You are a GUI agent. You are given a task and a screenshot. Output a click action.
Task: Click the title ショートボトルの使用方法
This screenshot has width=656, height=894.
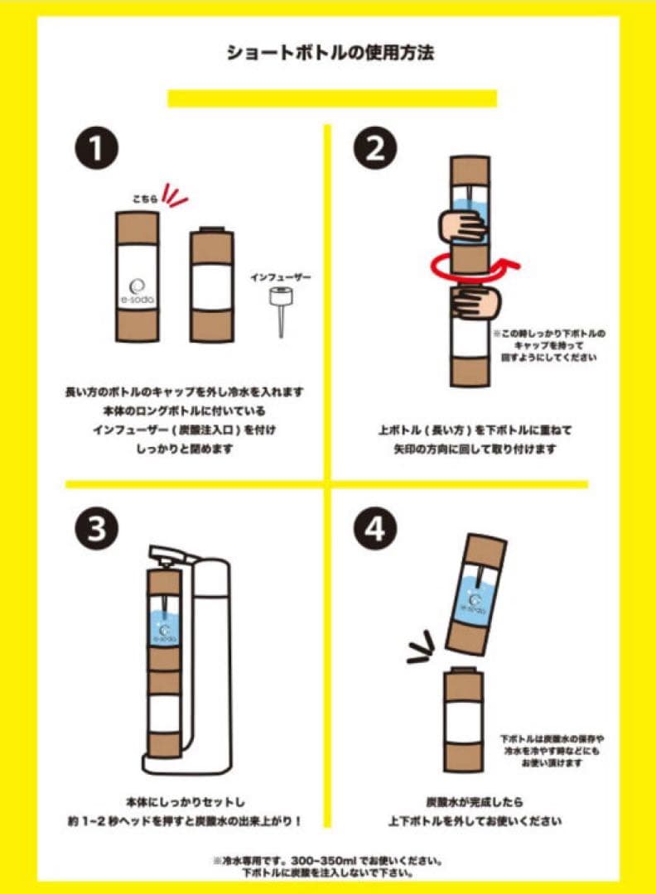click(330, 54)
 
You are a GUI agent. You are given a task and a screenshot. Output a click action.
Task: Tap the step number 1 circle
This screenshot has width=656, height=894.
click(97, 150)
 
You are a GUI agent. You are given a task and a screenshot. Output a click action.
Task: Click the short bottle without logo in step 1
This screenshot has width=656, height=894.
click(211, 286)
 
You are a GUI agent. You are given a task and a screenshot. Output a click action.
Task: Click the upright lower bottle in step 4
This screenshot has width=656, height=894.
click(464, 720)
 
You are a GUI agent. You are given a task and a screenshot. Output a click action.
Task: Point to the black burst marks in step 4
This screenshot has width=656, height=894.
click(423, 647)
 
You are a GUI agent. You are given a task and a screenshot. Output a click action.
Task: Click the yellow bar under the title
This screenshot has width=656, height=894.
click(331, 99)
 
